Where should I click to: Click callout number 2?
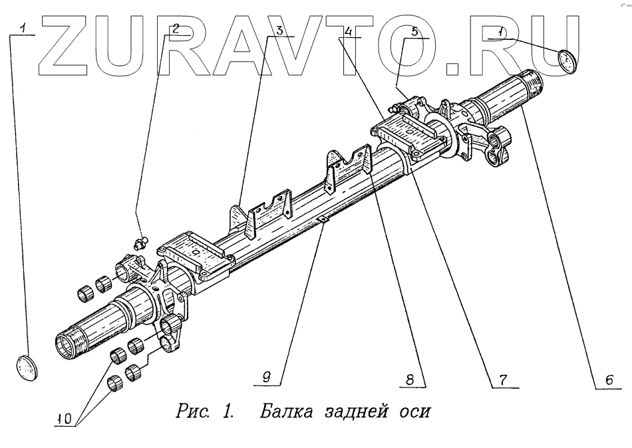[x=176, y=30]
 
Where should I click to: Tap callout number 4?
[x=349, y=31]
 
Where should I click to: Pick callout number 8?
[x=412, y=380]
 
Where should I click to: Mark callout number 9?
[x=266, y=377]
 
